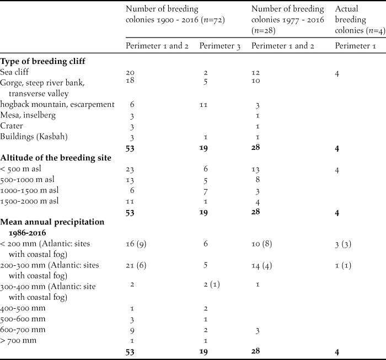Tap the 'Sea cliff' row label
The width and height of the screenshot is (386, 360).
tap(15, 71)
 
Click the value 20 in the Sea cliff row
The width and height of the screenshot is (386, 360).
tap(131, 72)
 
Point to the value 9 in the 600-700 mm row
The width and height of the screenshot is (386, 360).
tap(128, 330)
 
